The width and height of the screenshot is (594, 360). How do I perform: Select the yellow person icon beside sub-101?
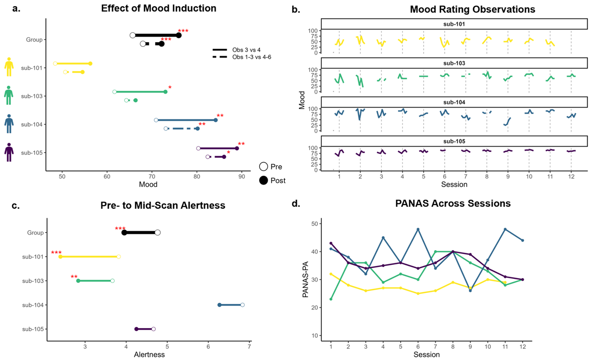pyautogui.click(x=9, y=67)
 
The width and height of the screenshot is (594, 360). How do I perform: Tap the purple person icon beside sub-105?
pyautogui.click(x=9, y=152)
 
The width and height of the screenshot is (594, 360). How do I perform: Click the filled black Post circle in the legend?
pyautogui.click(x=264, y=180)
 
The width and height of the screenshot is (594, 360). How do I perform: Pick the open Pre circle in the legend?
pyautogui.click(x=264, y=166)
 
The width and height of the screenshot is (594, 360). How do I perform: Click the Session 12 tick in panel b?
pyautogui.click(x=571, y=175)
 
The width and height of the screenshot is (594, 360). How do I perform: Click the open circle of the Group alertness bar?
pyautogui.click(x=157, y=232)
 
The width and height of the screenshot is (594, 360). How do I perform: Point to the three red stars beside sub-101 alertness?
pyautogui.click(x=56, y=253)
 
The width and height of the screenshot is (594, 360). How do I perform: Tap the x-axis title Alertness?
pyautogui.click(x=149, y=355)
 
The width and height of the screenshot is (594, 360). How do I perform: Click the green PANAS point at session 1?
pyautogui.click(x=331, y=299)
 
